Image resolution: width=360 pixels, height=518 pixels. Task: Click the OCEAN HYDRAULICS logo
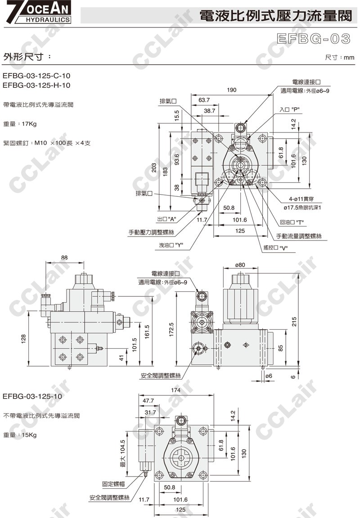pyautogui.click(x=36, y=12)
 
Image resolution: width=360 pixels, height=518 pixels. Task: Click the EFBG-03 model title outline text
pyautogui.click(x=313, y=39)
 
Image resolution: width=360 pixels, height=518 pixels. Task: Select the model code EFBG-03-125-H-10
pyautogui.click(x=36, y=85)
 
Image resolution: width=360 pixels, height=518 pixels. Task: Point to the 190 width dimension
pyautogui.click(x=231, y=90)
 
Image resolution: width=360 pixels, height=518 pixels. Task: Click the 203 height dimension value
pyautogui.click(x=154, y=168)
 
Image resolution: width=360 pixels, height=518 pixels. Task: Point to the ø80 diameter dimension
pyautogui.click(x=240, y=265)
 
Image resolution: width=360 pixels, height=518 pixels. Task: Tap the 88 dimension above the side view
pyautogui.click(x=64, y=257)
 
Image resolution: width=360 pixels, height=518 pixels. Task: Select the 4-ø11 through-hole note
pyautogui.click(x=300, y=199)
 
